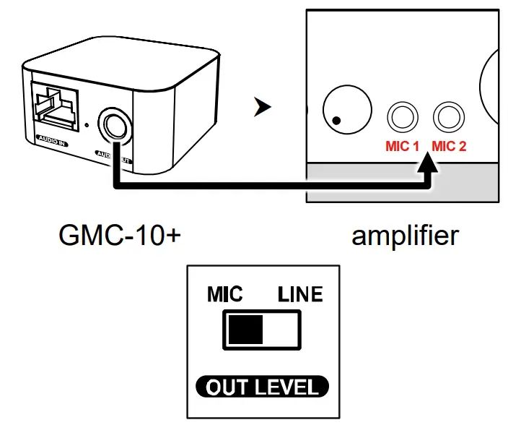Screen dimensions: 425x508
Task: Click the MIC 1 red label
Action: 402,146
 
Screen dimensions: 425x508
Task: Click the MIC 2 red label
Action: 449,146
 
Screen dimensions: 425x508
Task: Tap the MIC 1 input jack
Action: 402,116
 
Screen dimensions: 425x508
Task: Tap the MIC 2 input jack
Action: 448,116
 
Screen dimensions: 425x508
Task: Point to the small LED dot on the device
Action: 88,124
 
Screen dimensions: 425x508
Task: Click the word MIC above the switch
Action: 224,295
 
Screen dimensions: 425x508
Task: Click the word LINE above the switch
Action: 300,295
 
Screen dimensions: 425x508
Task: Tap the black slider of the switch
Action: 245,330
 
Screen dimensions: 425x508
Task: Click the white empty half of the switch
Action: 280,330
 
